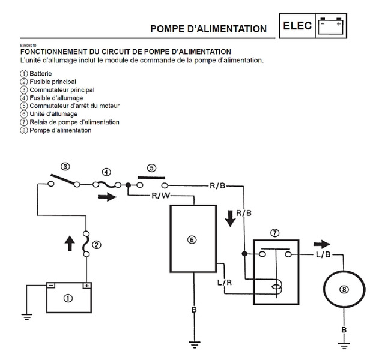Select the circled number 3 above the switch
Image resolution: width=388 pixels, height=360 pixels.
pos(65,166)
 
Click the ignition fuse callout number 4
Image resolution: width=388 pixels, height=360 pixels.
pos(106,172)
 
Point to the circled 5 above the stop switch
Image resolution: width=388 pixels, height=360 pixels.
pos(151,168)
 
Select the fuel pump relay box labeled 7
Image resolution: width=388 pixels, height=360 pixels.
pos(275,266)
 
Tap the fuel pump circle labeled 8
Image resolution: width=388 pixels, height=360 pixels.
pos(344,289)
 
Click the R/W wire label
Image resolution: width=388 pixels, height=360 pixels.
pos(160,195)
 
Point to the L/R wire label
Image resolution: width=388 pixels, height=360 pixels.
pos(225,281)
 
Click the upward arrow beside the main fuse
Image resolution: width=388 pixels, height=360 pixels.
pos(69,243)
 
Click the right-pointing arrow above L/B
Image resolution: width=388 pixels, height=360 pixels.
pos(322,244)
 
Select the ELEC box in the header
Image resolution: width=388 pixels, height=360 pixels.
pos(296,26)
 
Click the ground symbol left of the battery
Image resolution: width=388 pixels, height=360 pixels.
pos(26,314)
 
